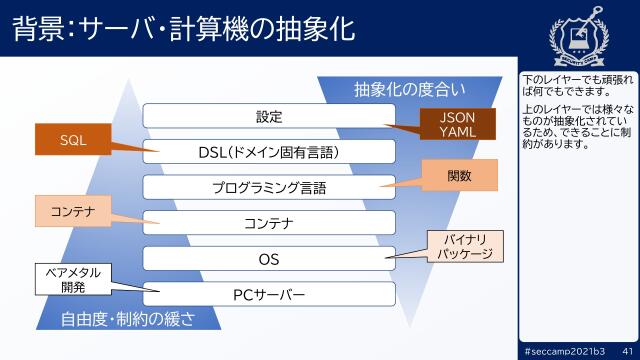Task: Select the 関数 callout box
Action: tap(459, 176)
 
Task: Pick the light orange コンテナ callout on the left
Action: tap(73, 211)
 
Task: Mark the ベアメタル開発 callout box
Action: tap(73, 279)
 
